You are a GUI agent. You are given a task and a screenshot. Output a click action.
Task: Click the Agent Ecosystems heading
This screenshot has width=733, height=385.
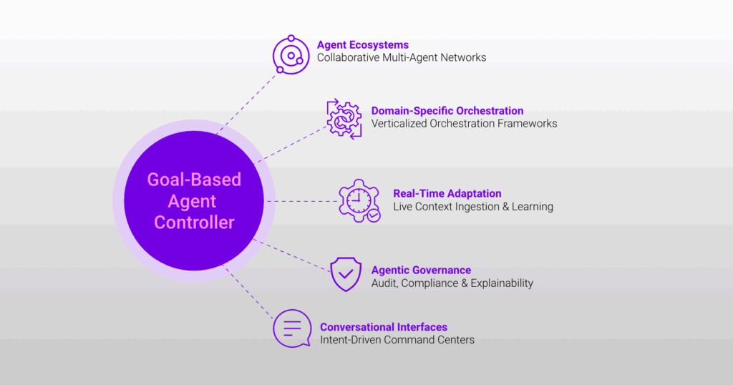tap(363, 44)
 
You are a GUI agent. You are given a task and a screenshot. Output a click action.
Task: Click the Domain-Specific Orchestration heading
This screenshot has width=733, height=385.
tap(447, 111)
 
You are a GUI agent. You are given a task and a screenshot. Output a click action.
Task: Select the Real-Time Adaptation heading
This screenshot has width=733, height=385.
tap(447, 193)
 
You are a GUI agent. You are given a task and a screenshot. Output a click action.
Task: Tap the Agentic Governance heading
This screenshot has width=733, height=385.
tap(421, 270)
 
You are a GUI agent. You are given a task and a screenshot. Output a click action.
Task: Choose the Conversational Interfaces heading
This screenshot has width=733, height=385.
tap(384, 327)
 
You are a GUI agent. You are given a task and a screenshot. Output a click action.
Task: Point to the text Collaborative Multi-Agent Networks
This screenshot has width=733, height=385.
tap(402, 57)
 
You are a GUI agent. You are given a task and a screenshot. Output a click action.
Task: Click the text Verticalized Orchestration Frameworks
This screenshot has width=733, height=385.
tap(464, 124)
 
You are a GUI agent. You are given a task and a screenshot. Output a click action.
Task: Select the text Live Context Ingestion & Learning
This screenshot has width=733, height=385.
tap(473, 207)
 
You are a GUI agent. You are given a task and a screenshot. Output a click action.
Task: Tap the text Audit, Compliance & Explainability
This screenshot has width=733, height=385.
tap(452, 283)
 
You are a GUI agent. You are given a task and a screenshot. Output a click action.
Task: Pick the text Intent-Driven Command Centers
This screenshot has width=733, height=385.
tap(397, 340)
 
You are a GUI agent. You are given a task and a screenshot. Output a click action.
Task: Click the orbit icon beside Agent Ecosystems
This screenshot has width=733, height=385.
tap(291, 55)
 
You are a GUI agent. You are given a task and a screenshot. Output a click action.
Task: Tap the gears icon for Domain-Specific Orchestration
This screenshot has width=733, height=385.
tap(344, 119)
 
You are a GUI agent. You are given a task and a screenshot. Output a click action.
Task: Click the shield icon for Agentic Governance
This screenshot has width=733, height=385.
tap(346, 274)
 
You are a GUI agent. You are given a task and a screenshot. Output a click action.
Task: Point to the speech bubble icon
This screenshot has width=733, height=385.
tap(292, 328)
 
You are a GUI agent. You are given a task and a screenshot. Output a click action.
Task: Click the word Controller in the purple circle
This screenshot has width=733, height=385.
tap(194, 223)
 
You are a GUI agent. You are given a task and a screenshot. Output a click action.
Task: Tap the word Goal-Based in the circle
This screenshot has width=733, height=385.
tap(194, 180)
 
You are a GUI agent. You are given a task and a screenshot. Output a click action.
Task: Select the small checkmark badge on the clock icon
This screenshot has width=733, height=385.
tap(373, 215)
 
